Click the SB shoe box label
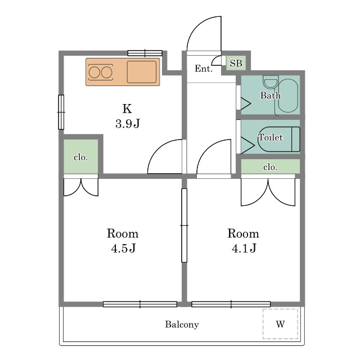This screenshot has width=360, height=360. click(236, 63)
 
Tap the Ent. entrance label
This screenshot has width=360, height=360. click(204, 69)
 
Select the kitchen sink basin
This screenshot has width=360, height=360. click(142, 72)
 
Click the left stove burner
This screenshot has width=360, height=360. click(94, 73)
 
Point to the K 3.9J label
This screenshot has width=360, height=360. click(128, 116)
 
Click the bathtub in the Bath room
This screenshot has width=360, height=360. click(288, 96)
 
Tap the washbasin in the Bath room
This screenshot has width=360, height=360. click(271, 83)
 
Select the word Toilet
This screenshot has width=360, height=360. click(271, 137)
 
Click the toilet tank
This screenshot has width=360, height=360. click(296, 139)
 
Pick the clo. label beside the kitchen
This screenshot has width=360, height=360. click(81, 157)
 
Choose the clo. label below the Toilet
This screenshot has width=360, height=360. click(270, 167)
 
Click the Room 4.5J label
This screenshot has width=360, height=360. click(123, 241)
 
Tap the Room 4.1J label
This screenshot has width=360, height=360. click(244, 241)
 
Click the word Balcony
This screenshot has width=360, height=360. click(182, 325)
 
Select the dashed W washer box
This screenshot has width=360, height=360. click(280, 324)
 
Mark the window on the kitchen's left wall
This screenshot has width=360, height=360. click(61, 112)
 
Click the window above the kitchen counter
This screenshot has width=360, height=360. click(145, 53)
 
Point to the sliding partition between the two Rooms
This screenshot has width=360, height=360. click(184, 226)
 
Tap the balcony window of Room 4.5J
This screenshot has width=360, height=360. click(140, 304)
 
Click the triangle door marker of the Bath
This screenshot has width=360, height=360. click(246, 103)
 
